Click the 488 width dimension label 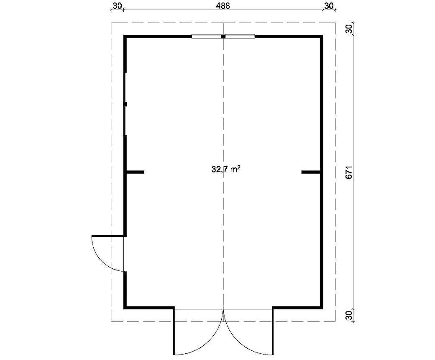click(x=223, y=6)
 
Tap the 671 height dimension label click(x=349, y=172)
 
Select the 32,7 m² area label click(x=226, y=169)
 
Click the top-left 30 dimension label click(x=118, y=6)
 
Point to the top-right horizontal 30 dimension click(x=329, y=6)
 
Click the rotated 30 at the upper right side click(x=349, y=28)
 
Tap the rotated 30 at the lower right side click(x=349, y=315)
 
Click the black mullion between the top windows click(x=223, y=36)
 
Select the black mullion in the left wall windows click(x=125, y=104)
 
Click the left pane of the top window click(x=206, y=36)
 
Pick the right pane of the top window click(x=240, y=36)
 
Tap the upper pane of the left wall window click(x=125, y=87)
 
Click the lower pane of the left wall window click(x=125, y=121)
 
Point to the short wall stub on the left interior click(x=136, y=172)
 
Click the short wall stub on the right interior click(x=311, y=172)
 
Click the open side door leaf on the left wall click(x=107, y=236)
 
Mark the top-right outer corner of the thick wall click(x=322, y=35)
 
